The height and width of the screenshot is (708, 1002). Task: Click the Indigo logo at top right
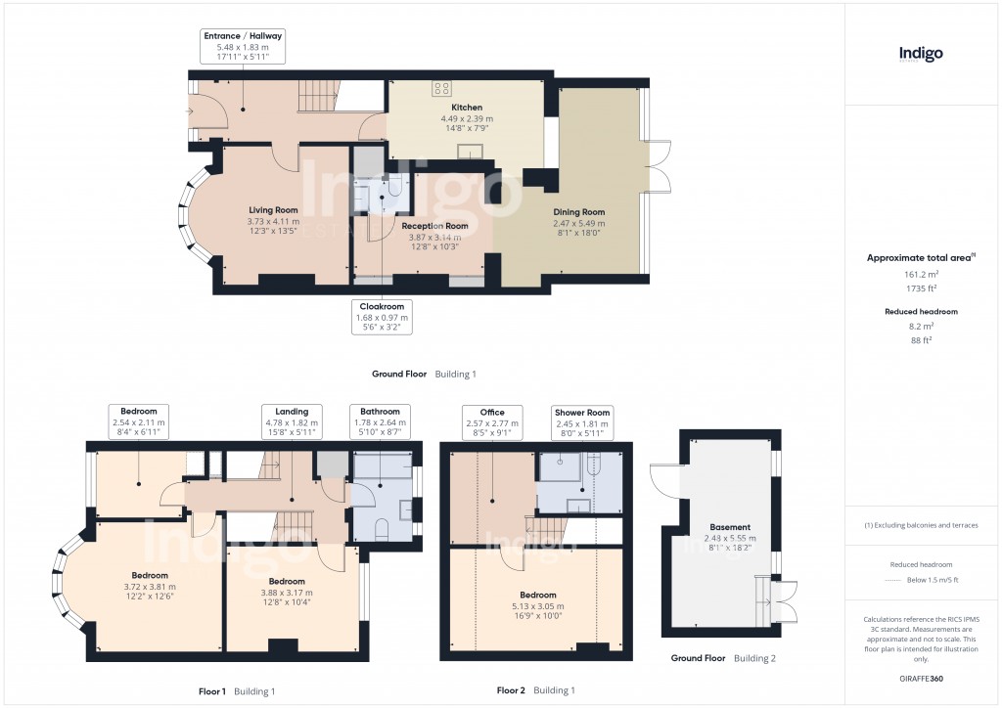click(x=921, y=55)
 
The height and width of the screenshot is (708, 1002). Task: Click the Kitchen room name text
click(x=466, y=108)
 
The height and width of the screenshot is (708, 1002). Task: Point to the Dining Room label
click(x=579, y=211)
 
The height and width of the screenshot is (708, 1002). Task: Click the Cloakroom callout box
click(x=383, y=317)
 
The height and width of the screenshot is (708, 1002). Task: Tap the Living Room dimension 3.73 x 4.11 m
click(x=273, y=222)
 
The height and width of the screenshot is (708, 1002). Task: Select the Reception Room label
click(x=434, y=226)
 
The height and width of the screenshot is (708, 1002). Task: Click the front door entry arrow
click(x=187, y=111)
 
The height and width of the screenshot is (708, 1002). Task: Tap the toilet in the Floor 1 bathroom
click(x=382, y=529)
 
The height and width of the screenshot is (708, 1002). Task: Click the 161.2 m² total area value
click(x=920, y=275)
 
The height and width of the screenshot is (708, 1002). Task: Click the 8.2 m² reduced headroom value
click(x=920, y=327)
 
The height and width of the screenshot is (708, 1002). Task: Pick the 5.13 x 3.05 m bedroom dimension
click(x=538, y=606)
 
